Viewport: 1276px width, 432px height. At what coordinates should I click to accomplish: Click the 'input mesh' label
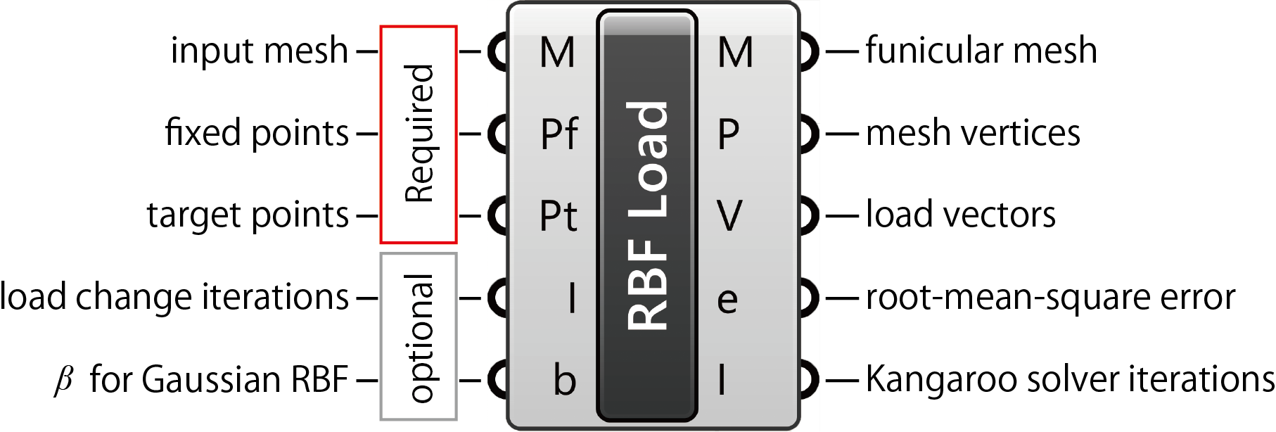pyautogui.click(x=259, y=51)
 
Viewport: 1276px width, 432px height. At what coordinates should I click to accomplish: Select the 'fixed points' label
pyautogui.click(x=257, y=133)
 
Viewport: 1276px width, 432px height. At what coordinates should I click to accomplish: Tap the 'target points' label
pyautogui.click(x=248, y=215)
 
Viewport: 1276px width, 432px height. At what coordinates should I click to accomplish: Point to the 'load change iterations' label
pyautogui.click(x=174, y=297)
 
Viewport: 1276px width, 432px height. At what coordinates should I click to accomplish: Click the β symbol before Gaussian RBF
pyautogui.click(x=63, y=380)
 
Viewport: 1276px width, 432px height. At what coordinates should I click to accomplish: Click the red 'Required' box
pyautogui.click(x=419, y=134)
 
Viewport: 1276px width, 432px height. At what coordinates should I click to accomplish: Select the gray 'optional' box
pyautogui.click(x=419, y=337)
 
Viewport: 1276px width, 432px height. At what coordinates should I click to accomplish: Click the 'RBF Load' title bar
pyautogui.click(x=647, y=215)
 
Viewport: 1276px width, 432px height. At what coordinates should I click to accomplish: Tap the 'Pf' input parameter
pyautogui.click(x=559, y=134)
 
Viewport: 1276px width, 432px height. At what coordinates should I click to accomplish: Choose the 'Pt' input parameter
pyautogui.click(x=559, y=215)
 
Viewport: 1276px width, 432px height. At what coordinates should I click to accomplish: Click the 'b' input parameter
pyautogui.click(x=565, y=381)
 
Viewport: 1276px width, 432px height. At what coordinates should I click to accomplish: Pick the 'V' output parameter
pyautogui.click(x=729, y=215)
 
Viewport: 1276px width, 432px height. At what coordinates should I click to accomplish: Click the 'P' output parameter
pyautogui.click(x=729, y=134)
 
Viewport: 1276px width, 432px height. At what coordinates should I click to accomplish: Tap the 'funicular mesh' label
pyautogui.click(x=981, y=51)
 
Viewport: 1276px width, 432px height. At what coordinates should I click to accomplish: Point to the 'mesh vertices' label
pyautogui.click(x=972, y=133)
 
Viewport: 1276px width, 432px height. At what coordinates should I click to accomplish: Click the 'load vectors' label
pyautogui.click(x=960, y=215)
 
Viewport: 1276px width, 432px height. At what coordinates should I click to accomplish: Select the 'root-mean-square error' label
pyautogui.click(x=1049, y=298)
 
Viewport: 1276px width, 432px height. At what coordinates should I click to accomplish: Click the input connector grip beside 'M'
pyautogui.click(x=498, y=51)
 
